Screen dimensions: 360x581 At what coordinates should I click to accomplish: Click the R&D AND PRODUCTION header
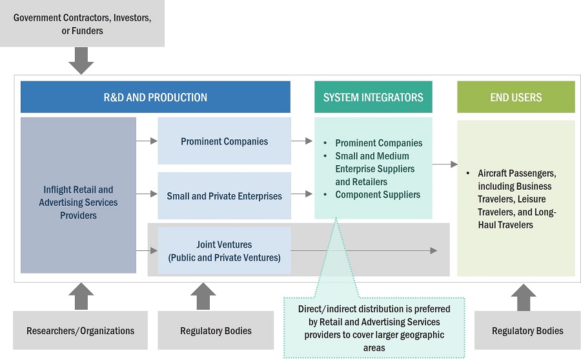155,97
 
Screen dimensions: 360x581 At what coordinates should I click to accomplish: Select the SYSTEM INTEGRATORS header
373,97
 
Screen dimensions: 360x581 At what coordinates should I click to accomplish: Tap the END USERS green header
516,97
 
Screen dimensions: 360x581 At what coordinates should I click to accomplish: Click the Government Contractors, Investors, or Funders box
82,24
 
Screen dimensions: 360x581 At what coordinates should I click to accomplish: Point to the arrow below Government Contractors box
81,61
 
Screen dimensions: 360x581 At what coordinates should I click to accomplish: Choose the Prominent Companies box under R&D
224,141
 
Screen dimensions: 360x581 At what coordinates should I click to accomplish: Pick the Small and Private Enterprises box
224,195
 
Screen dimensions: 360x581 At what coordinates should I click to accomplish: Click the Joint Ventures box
224,251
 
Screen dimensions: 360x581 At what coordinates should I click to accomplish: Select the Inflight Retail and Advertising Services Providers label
78,202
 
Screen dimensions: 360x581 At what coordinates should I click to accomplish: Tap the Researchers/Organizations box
80,330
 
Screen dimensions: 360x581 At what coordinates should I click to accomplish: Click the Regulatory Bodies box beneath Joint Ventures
216,330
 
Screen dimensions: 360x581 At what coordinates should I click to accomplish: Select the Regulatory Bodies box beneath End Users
527,330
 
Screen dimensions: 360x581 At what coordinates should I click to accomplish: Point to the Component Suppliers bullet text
378,194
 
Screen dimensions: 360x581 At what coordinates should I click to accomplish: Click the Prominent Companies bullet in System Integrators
379,143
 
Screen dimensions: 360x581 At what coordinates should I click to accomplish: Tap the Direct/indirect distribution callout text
374,328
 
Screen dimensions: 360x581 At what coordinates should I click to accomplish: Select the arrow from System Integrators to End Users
445,165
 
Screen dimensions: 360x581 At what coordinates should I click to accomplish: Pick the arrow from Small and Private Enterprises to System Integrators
301,194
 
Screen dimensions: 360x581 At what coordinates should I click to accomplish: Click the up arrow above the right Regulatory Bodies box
524,296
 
